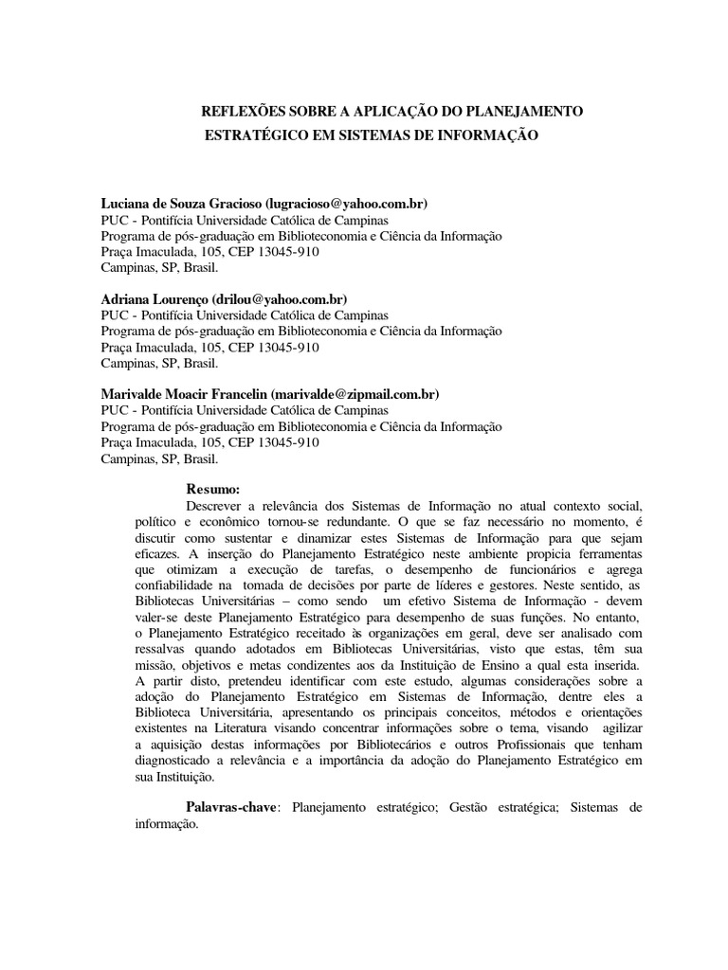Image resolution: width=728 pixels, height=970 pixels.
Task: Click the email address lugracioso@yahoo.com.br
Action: tap(347, 204)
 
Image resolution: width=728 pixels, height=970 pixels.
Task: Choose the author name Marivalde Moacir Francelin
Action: tap(184, 393)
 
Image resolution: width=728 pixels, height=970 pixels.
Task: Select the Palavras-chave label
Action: tap(232, 807)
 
